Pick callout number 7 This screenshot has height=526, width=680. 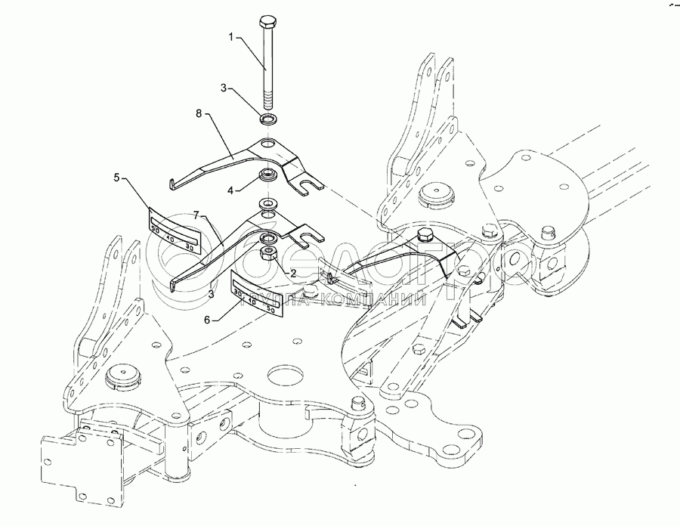(x=197, y=216)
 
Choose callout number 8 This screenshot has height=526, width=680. (x=199, y=114)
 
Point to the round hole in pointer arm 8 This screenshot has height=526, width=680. (x=269, y=144)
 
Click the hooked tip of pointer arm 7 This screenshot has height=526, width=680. (x=175, y=284)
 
